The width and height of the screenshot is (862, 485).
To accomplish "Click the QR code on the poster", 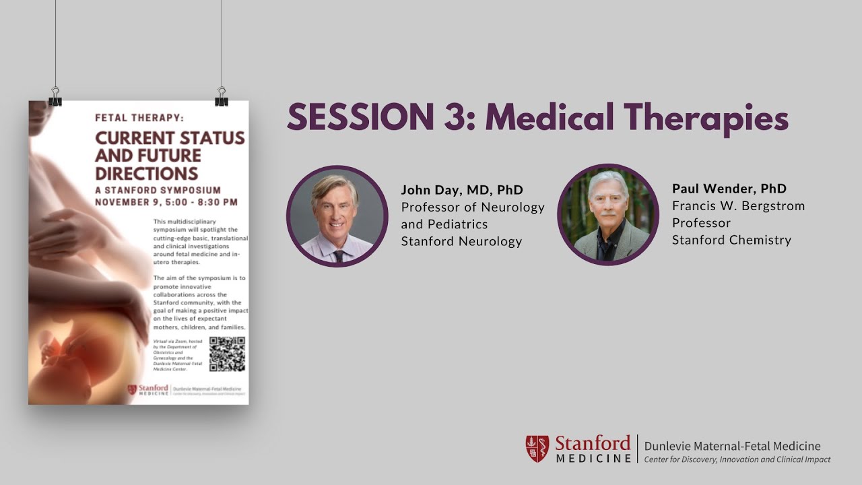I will (x=227, y=354).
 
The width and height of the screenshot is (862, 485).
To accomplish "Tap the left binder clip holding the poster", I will (x=55, y=98).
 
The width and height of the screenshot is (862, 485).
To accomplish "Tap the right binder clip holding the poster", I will (x=222, y=98).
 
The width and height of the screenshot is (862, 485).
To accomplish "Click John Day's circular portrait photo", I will (x=337, y=216).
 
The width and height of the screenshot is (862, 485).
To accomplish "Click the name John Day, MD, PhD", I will (x=462, y=190).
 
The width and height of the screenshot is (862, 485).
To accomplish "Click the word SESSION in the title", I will (x=360, y=119).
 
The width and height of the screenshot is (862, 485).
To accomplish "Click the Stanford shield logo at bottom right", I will (x=537, y=449).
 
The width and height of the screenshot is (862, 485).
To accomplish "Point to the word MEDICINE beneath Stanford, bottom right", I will (x=593, y=459).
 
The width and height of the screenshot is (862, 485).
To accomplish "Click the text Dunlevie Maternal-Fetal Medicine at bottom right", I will (x=732, y=446).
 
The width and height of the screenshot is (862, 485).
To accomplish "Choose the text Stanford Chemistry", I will (x=731, y=240).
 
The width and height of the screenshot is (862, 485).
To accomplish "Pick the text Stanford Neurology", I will (x=461, y=241).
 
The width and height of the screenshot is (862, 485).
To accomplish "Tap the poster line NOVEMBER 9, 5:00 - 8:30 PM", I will (x=166, y=202).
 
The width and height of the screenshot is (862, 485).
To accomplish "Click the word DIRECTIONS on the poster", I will (x=147, y=173).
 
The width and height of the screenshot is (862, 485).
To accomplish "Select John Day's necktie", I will (x=339, y=256).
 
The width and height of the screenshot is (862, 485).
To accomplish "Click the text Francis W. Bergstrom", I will (x=738, y=206).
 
